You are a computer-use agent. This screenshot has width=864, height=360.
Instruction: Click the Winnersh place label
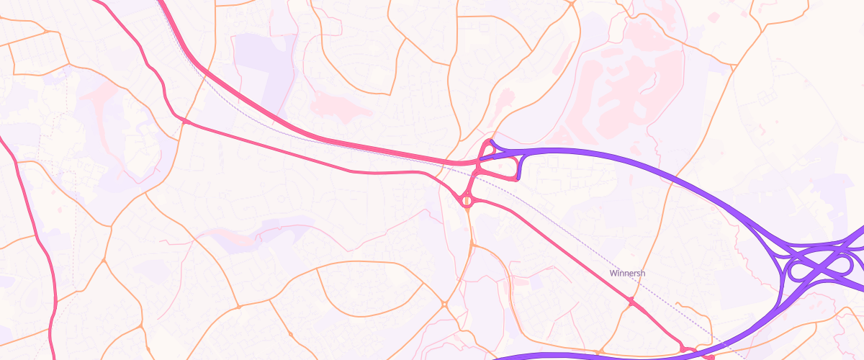pos(627,274)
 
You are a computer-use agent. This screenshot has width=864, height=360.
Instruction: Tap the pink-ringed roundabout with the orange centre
pos(467,201)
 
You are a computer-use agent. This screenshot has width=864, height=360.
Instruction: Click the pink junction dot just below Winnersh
pos(631,302)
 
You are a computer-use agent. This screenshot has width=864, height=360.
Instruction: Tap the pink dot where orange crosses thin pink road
pos(184,122)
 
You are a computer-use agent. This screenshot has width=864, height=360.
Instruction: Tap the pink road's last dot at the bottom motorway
pos(710,356)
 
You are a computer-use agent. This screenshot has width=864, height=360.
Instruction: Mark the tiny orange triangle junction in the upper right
pos(570,4)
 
